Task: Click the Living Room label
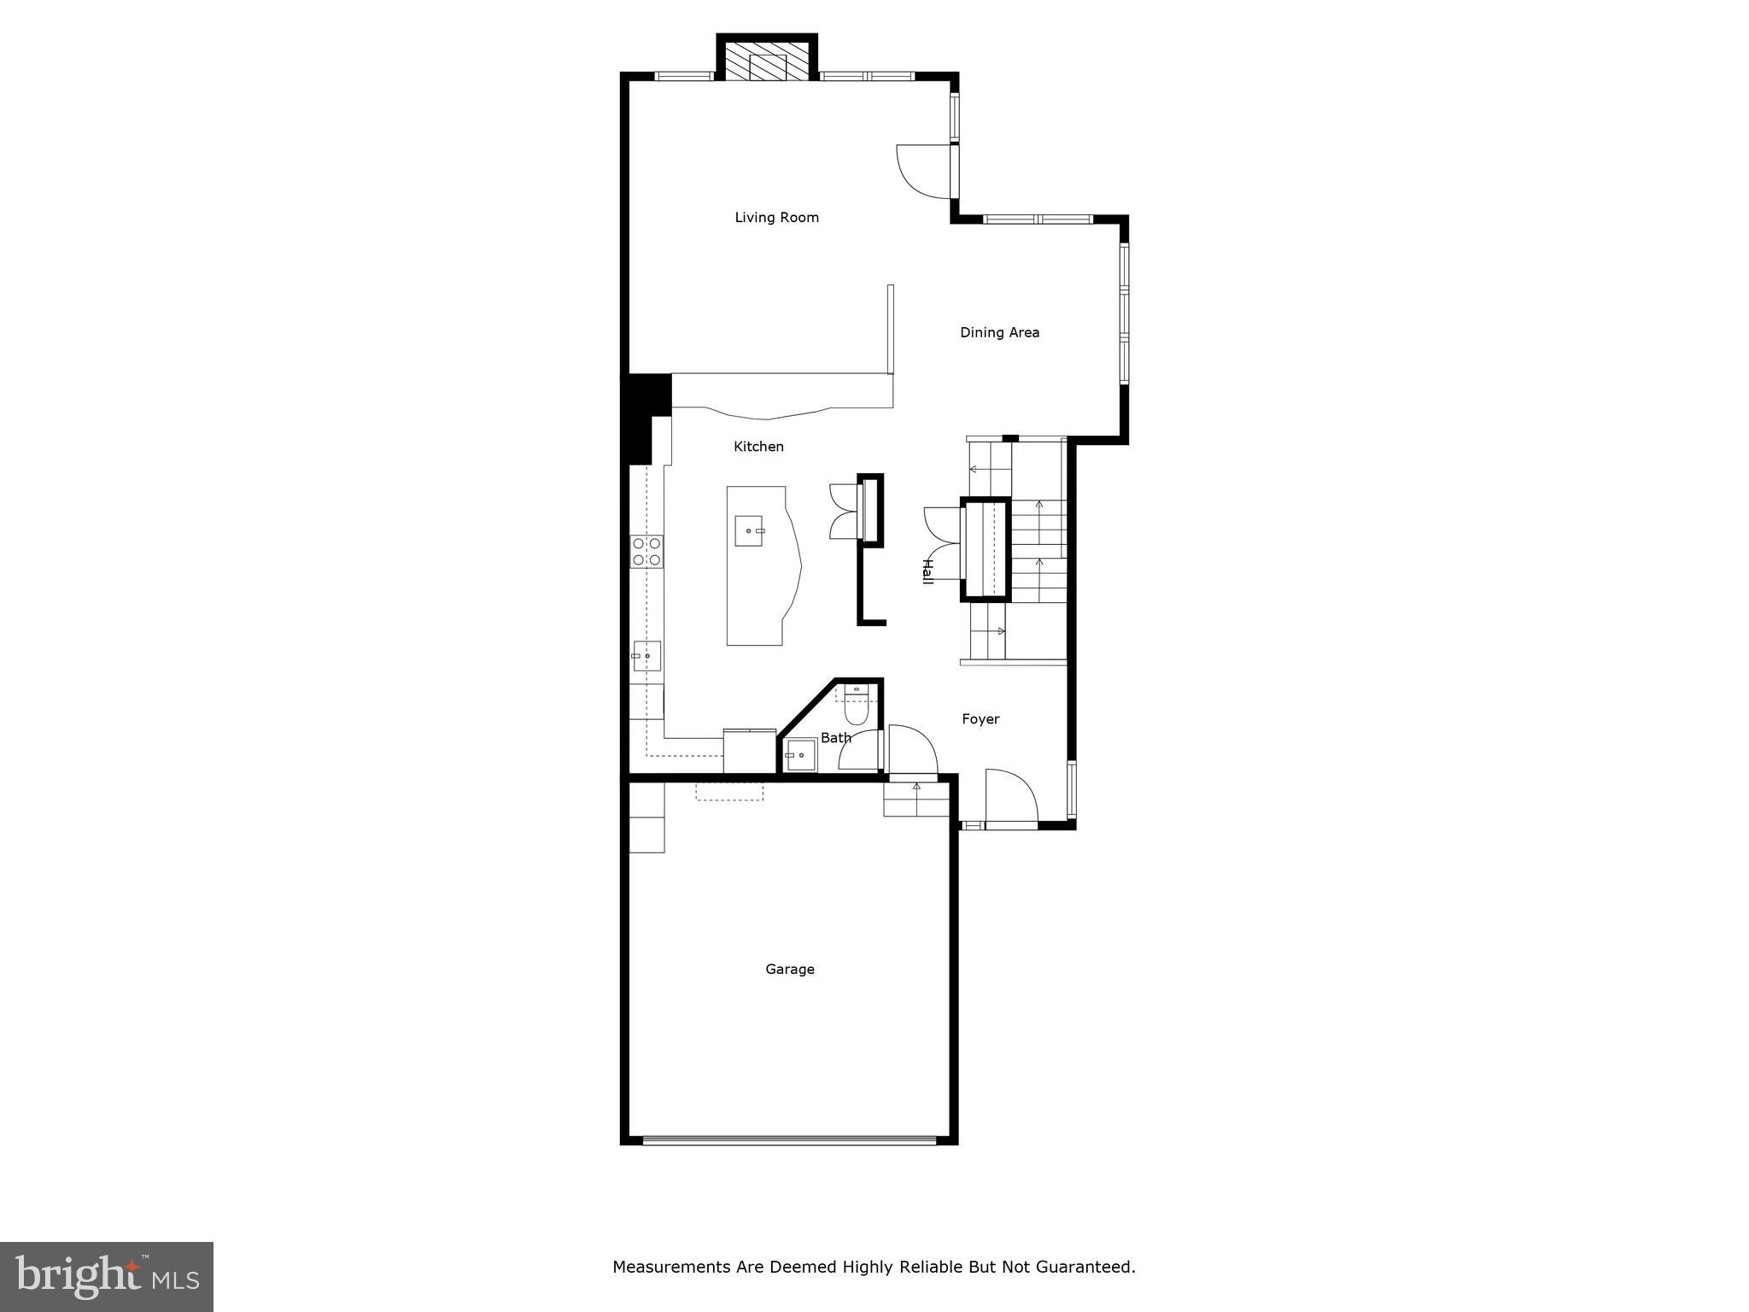(x=776, y=218)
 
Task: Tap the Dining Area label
(x=999, y=332)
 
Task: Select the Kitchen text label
(x=758, y=447)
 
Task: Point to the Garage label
(x=789, y=969)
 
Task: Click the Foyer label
(x=980, y=719)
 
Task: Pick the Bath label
(x=835, y=738)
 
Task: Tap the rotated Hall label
(x=927, y=571)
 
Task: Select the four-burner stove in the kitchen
(x=646, y=551)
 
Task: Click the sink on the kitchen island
(x=749, y=530)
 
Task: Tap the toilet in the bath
(x=855, y=706)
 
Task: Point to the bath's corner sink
(x=800, y=755)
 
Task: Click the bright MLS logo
(x=107, y=1276)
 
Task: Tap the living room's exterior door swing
(x=924, y=171)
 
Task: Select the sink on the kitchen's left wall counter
(x=646, y=656)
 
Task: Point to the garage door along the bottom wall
(x=789, y=1139)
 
